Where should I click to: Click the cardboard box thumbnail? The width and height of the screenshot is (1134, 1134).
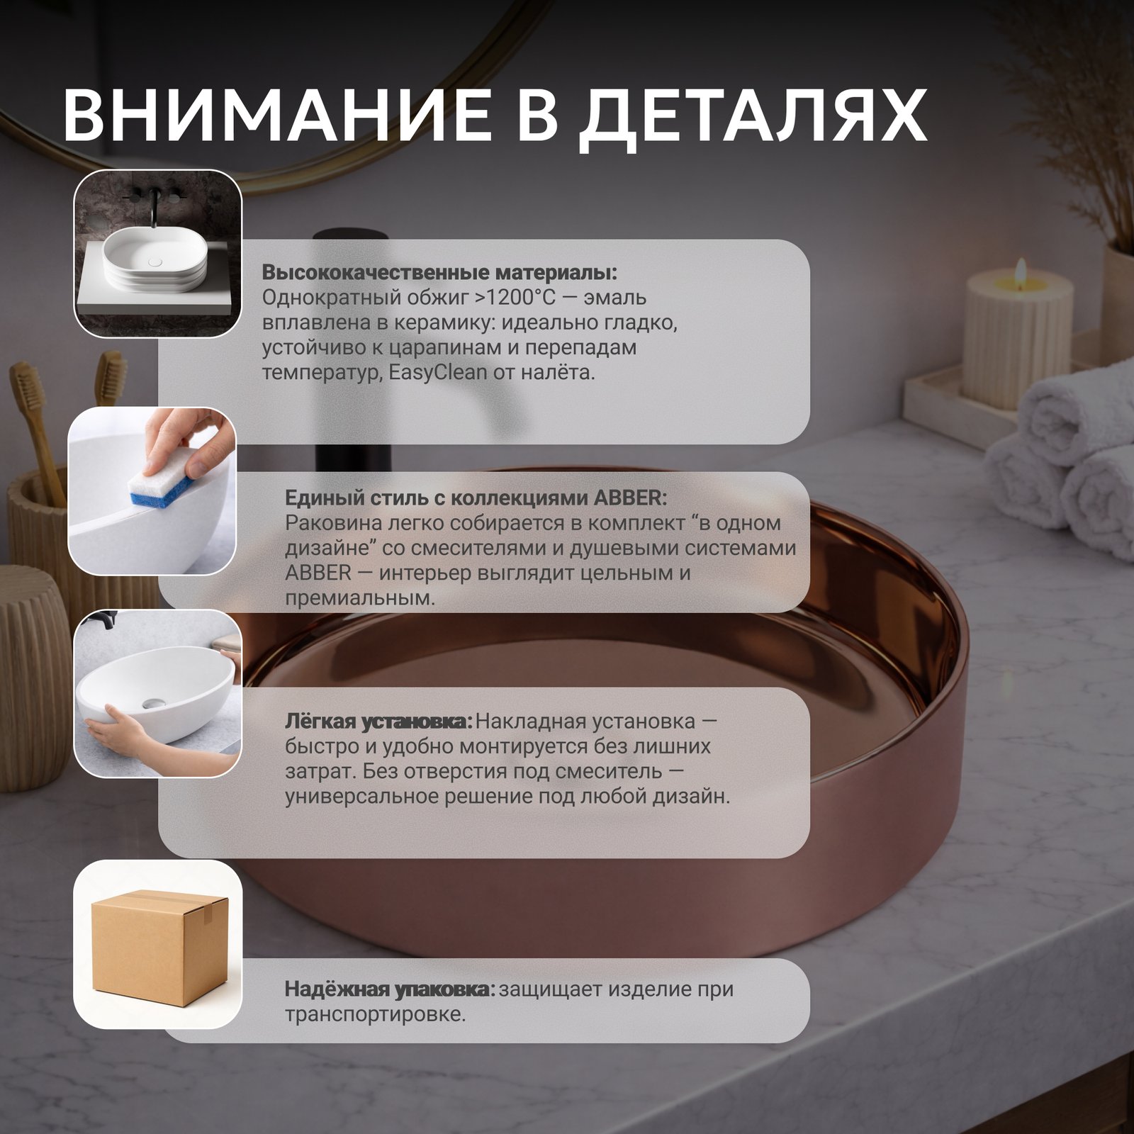(x=158, y=944)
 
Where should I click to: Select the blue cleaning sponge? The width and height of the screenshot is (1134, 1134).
(x=162, y=487)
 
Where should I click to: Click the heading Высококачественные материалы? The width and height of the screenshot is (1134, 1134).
(x=439, y=272)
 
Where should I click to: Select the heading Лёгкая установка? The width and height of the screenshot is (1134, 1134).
(x=378, y=722)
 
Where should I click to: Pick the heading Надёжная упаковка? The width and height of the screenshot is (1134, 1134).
(x=391, y=989)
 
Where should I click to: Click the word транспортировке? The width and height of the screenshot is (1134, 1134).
(x=376, y=1015)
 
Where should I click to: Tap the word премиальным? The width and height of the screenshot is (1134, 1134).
(x=360, y=598)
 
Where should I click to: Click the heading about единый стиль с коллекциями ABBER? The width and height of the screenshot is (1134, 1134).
(x=476, y=498)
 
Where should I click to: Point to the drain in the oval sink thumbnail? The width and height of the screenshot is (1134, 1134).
(x=150, y=702)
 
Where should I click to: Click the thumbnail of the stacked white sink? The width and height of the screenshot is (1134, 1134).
(x=158, y=253)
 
